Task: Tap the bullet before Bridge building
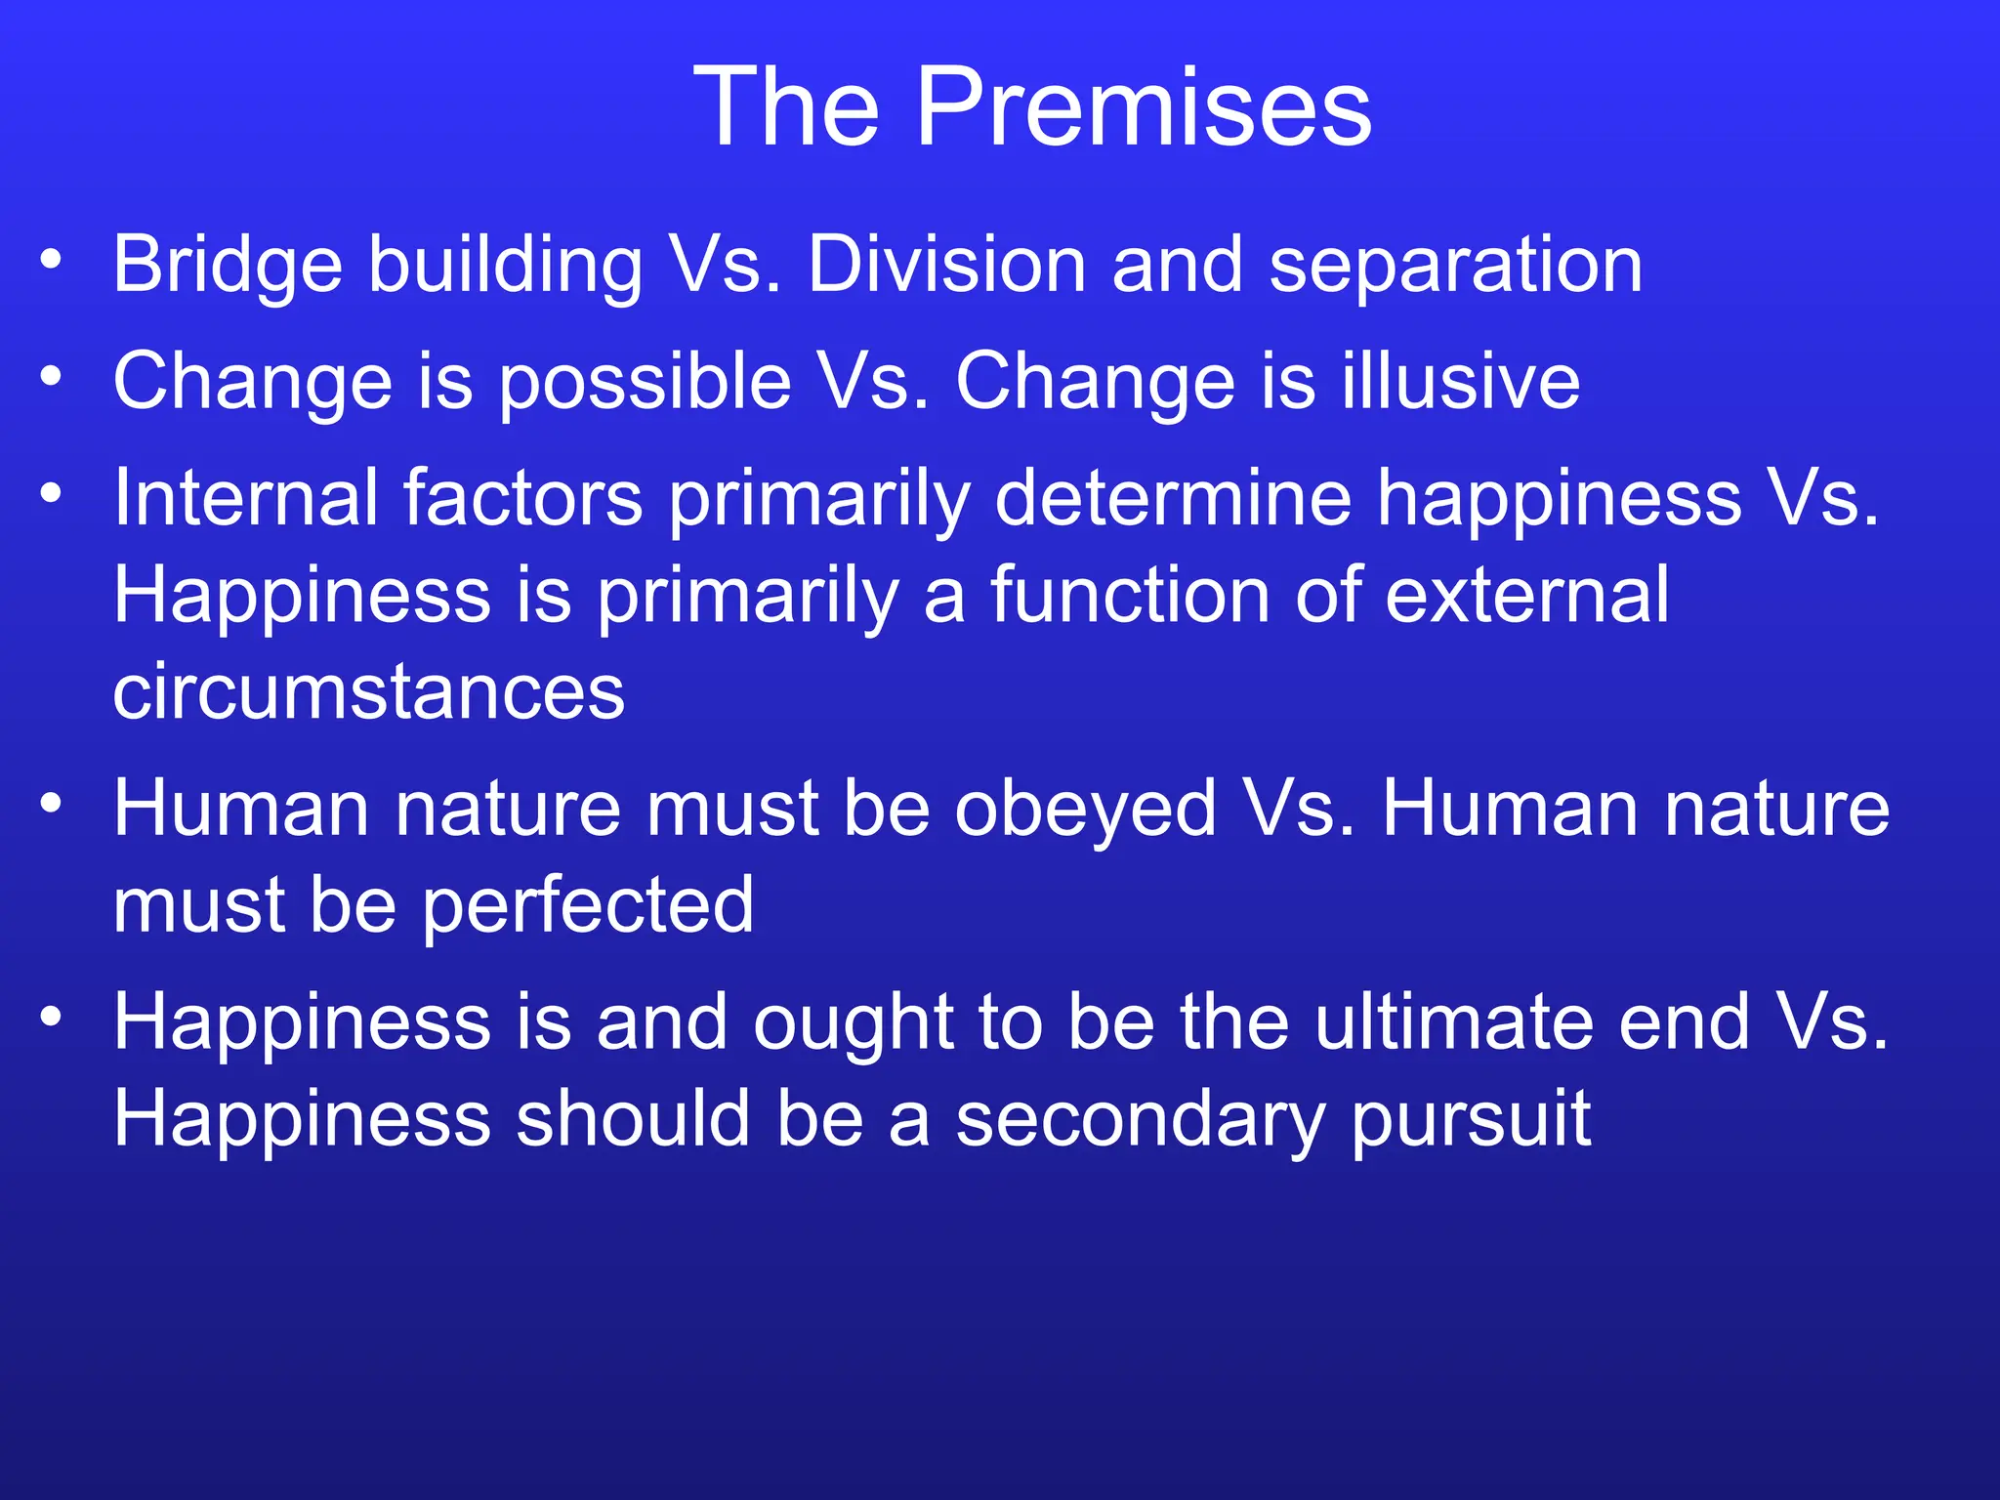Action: (52, 260)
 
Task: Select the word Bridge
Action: (228, 266)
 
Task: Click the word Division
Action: (946, 266)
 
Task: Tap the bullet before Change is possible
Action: (52, 376)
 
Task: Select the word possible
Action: (645, 384)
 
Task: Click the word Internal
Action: (245, 498)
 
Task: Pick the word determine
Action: (1173, 498)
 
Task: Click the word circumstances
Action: (368, 692)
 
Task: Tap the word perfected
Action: (587, 907)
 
